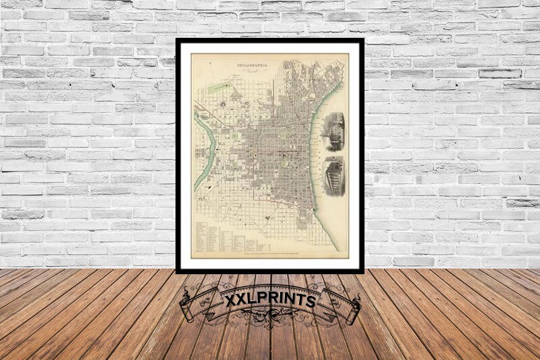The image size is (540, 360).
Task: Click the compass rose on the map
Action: pyautogui.click(x=267, y=217)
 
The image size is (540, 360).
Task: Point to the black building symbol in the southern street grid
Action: pyautogui.click(x=267, y=217)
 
